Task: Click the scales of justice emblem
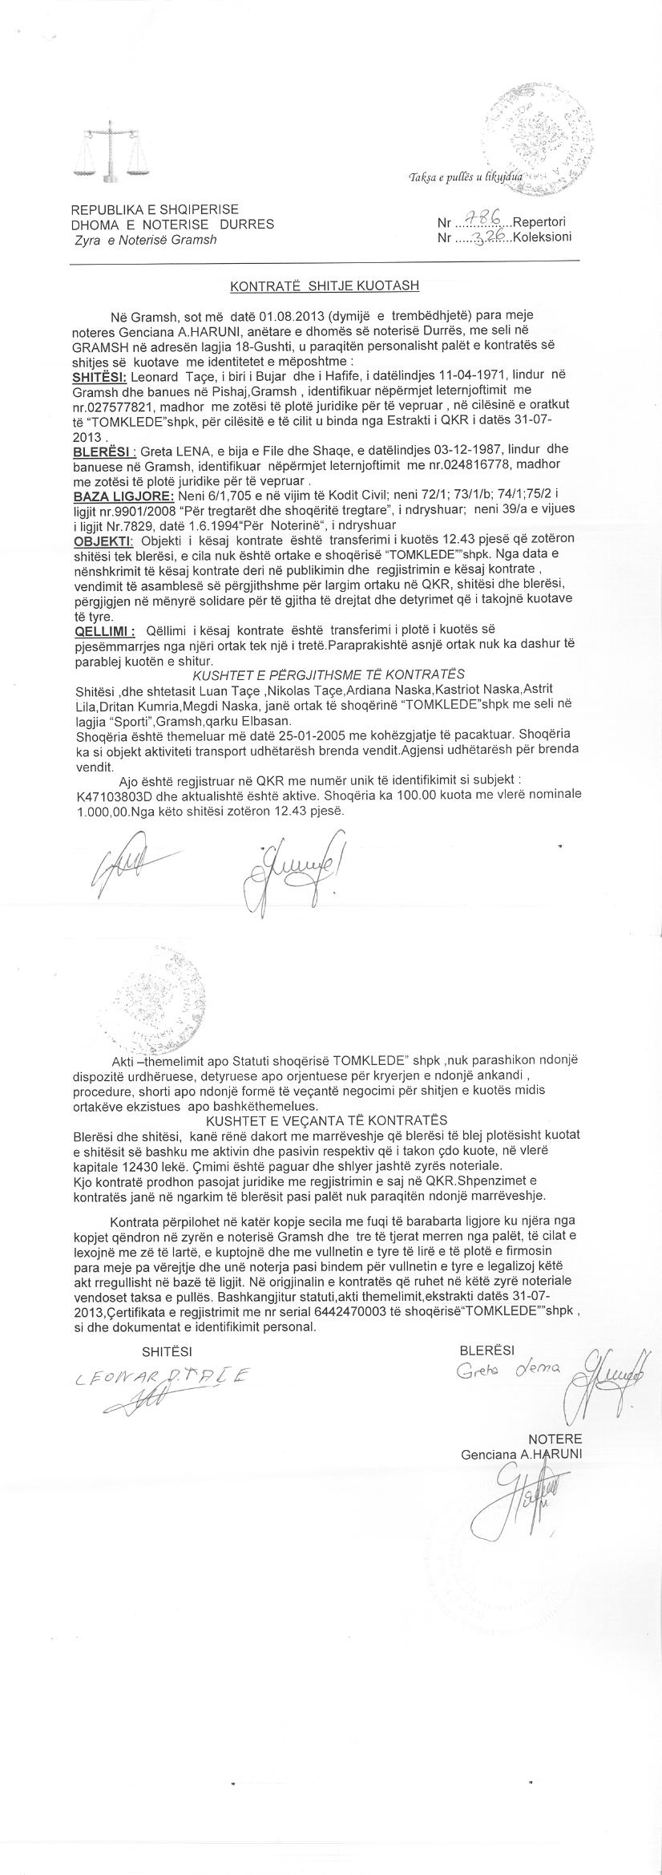tap(109, 152)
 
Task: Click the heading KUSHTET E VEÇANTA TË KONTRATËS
tap(326, 1120)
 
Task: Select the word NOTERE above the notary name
tap(555, 1438)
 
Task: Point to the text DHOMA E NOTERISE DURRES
tap(172, 225)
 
